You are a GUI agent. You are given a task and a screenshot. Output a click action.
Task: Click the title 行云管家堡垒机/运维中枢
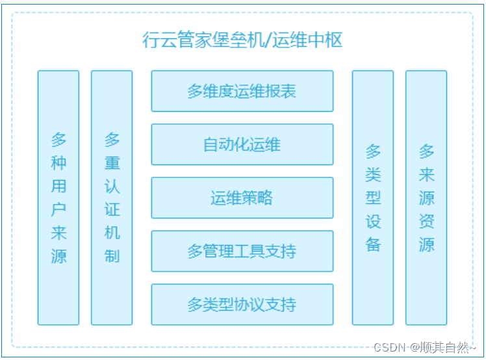point(242,40)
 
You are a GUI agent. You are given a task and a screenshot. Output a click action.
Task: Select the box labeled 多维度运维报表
point(242,91)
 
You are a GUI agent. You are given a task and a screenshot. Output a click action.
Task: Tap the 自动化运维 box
point(242,144)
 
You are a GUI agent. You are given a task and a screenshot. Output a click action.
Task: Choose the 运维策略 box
point(242,198)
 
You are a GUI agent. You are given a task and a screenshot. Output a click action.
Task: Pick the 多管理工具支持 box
point(242,251)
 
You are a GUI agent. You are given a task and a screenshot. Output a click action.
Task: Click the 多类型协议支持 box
point(242,304)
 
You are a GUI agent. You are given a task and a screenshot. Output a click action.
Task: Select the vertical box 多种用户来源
point(58,198)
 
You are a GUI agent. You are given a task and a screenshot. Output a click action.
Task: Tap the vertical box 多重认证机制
point(112,198)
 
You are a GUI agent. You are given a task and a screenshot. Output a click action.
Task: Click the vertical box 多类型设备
point(373,198)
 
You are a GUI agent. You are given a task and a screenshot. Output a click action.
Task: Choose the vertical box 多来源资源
point(426,198)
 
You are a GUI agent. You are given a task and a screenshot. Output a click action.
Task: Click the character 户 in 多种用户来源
point(58,209)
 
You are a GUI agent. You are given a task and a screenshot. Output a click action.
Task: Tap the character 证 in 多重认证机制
point(112,209)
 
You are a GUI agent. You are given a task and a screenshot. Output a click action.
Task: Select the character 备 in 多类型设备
point(373,244)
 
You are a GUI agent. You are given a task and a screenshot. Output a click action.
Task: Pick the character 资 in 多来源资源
point(426,221)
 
